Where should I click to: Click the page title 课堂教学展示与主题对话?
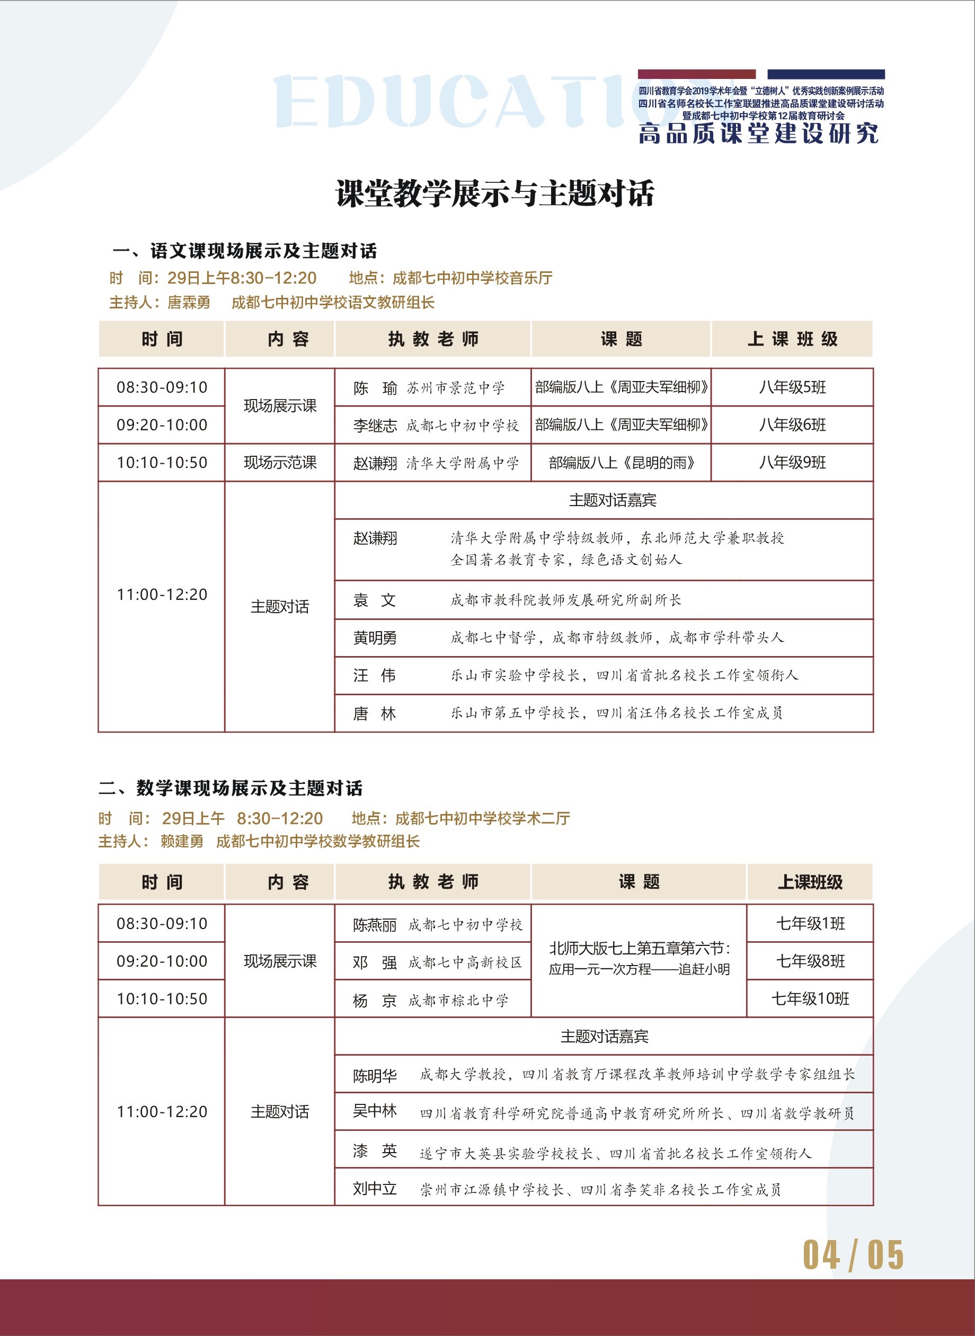coord(494,193)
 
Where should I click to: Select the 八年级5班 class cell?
coord(792,388)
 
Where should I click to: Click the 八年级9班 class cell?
coord(792,463)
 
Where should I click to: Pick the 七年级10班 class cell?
coord(810,999)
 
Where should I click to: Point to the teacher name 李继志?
coord(375,426)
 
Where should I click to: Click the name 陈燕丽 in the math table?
coord(375,925)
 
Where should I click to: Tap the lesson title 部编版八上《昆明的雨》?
coord(621,463)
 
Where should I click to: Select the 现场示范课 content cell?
coord(280,463)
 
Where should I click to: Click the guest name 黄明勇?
coord(375,638)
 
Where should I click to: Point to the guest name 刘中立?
coord(375,1189)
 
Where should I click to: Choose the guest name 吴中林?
coord(375,1111)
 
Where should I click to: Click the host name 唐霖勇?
coord(189,303)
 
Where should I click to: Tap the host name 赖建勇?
coord(182,842)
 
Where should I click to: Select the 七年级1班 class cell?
coord(810,924)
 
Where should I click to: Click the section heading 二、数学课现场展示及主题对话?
coord(230,789)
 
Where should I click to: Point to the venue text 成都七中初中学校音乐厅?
coord(472,278)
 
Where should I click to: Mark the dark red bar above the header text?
coord(696,74)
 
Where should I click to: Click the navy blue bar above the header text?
coord(826,74)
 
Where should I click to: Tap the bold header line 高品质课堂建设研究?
coord(758,134)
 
